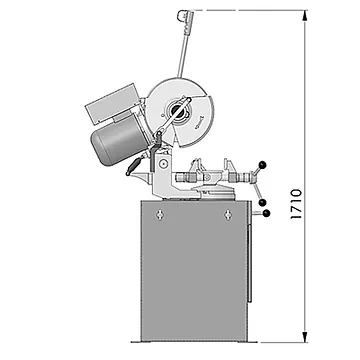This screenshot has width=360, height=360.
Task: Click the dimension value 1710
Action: pyautogui.click(x=296, y=204)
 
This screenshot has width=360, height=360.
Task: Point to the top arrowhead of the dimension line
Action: pyautogui.click(x=304, y=16)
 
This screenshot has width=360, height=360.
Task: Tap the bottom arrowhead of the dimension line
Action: pyautogui.click(x=304, y=337)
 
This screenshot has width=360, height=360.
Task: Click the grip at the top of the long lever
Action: pyautogui.click(x=186, y=16)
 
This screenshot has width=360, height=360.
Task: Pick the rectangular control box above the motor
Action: pyautogui.click(x=112, y=104)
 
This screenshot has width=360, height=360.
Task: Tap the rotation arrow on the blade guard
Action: pyautogui.click(x=199, y=123)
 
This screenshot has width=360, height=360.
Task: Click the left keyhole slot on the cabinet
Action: pyautogui.click(x=160, y=214)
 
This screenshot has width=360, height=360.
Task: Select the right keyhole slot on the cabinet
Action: pyautogui.click(x=228, y=214)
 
